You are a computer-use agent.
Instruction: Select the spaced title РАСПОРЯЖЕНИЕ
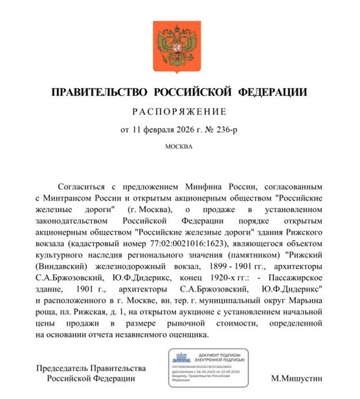click(179, 111)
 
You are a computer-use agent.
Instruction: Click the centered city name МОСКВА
click(179, 146)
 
